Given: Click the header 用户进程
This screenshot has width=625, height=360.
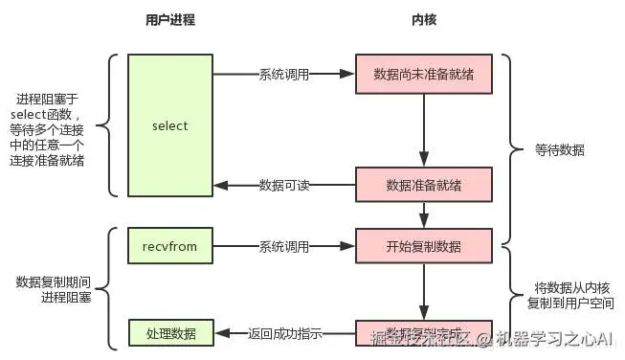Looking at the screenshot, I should pyautogui.click(x=169, y=19).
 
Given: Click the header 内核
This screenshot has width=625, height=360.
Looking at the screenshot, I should pyautogui.click(x=423, y=19).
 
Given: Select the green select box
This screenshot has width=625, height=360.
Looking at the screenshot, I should pyautogui.click(x=169, y=125).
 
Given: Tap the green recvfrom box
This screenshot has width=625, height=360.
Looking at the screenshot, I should pyautogui.click(x=169, y=246).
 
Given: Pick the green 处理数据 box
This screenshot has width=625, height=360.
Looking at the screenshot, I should pyautogui.click(x=169, y=333).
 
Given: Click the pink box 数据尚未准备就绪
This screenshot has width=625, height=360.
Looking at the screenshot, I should pyautogui.click(x=423, y=73).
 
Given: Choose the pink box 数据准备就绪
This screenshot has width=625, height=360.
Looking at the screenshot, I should pyautogui.click(x=423, y=185).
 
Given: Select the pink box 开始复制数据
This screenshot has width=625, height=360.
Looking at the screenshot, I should pyautogui.click(x=423, y=246).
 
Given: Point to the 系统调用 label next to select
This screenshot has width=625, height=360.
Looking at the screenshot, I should pyautogui.click(x=284, y=74).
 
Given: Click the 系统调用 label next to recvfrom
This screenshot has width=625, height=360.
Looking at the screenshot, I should pyautogui.click(x=284, y=247).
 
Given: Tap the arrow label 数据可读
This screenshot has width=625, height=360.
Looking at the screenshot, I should pyautogui.click(x=284, y=186).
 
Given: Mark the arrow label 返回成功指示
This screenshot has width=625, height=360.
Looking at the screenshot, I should pyautogui.click(x=284, y=334).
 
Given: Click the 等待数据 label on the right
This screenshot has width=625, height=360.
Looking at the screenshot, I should pyautogui.click(x=560, y=150).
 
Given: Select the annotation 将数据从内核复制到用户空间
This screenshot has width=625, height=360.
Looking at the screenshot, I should pyautogui.click(x=568, y=297).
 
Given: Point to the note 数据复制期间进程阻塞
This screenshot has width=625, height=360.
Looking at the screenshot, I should pyautogui.click(x=54, y=290).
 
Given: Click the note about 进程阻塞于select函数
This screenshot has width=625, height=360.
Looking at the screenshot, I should pyautogui.click(x=51, y=129).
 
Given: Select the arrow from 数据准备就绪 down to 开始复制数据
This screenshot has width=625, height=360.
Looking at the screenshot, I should pyautogui.click(x=423, y=215).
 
